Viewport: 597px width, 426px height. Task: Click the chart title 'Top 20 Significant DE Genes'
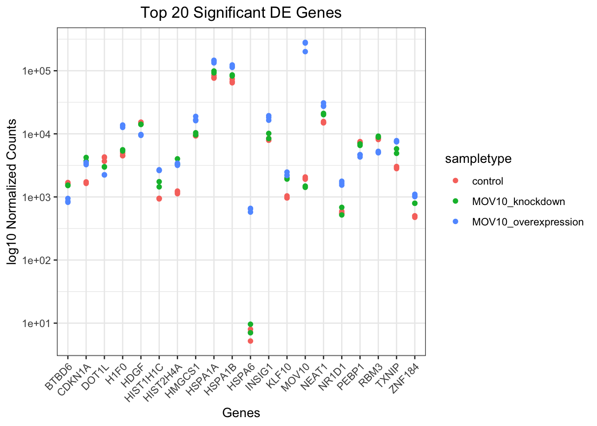click(241, 12)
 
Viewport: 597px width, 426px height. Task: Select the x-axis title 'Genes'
click(241, 413)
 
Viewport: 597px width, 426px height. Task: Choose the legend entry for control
click(487, 181)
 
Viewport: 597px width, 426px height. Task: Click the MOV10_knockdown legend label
click(518, 201)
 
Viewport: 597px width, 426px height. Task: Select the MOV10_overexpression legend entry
click(527, 222)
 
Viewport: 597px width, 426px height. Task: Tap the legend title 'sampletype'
click(478, 159)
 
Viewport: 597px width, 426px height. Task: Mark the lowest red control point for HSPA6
click(251, 341)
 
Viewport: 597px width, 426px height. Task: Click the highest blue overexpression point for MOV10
click(305, 43)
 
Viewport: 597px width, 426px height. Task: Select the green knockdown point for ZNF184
click(414, 203)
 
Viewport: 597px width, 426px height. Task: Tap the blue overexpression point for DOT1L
click(104, 175)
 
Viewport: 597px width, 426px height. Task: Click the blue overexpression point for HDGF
click(141, 135)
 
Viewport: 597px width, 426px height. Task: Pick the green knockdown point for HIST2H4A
click(177, 159)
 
